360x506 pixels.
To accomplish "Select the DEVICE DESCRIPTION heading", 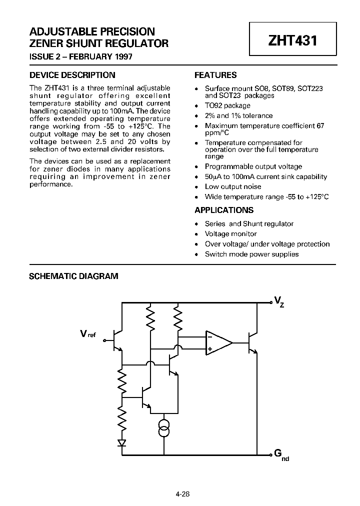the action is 72,75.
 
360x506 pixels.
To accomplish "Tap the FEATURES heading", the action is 215,75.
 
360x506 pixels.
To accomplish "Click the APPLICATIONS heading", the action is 224,210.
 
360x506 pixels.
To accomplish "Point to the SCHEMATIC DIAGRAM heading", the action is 74,276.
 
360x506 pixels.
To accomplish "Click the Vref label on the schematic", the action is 87,334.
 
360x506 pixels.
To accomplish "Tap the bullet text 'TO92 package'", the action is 227,105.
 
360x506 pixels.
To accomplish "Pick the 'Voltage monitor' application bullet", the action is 230,234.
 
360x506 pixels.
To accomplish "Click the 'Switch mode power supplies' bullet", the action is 251,254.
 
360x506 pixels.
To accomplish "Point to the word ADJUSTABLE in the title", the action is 61,31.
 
